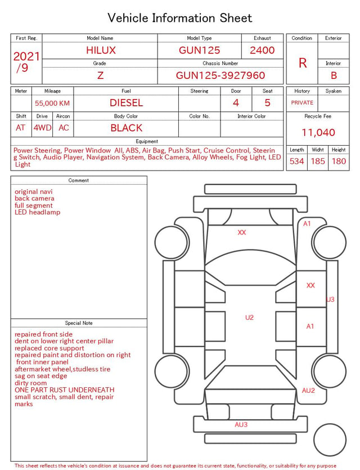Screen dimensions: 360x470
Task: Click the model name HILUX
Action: point(101,50)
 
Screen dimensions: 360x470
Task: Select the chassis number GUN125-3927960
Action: point(220,75)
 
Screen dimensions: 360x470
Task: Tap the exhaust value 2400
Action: point(262,50)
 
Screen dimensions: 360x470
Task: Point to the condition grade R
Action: point(303,63)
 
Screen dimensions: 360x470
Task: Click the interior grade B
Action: point(334,75)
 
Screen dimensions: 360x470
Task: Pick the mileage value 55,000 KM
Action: point(52,103)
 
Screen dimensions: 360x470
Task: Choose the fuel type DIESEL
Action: point(126,103)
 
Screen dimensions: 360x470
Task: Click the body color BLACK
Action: point(126,128)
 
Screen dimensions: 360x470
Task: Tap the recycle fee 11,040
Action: point(318,132)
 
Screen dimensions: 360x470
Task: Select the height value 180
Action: point(339,161)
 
